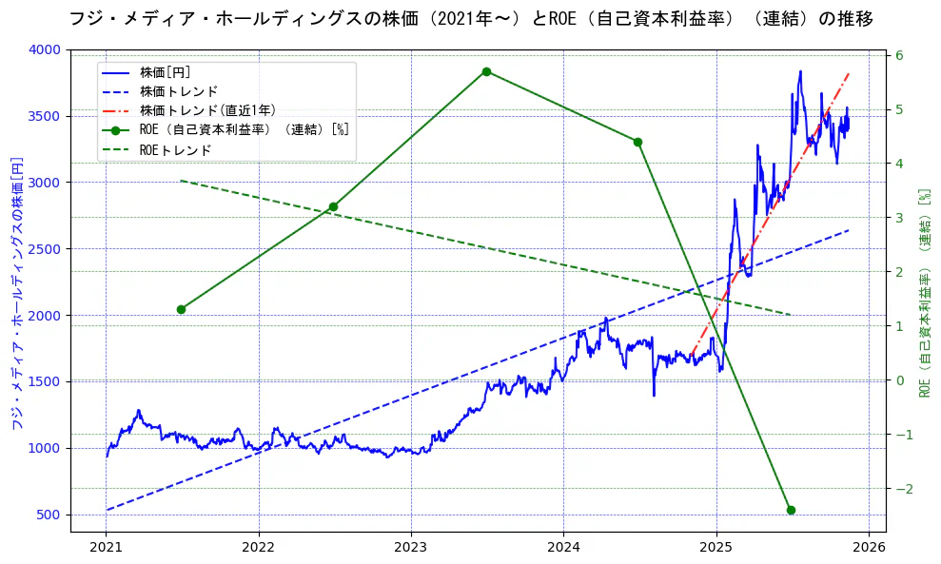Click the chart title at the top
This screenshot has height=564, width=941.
(x=470, y=19)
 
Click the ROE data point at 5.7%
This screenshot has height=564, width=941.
(x=486, y=71)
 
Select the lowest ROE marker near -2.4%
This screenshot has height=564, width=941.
(x=791, y=510)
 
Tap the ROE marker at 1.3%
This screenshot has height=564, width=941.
(x=181, y=309)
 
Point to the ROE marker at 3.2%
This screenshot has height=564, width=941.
(x=333, y=206)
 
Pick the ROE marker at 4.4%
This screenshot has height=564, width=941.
(x=637, y=142)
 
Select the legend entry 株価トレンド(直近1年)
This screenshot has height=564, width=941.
(x=207, y=111)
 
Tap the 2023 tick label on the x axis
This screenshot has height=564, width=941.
(x=411, y=547)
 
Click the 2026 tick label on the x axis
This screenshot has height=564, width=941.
(x=869, y=547)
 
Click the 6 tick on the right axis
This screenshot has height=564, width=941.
(x=898, y=55)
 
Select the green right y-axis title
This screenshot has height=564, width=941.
(x=923, y=293)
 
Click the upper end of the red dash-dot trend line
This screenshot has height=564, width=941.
(x=849, y=73)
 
